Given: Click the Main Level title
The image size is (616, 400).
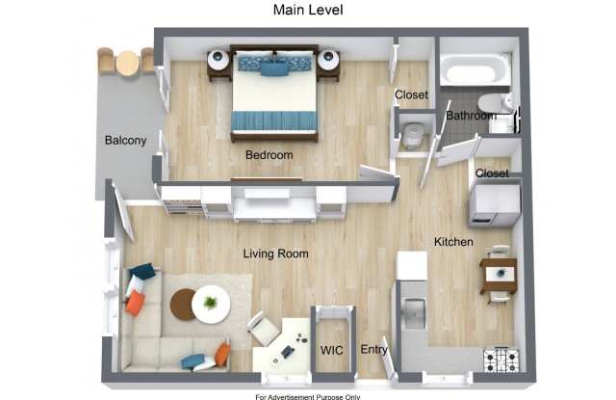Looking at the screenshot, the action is [x=308, y=10].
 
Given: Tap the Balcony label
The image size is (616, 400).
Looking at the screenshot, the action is [x=126, y=141].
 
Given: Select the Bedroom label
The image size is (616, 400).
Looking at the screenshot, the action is [x=269, y=155].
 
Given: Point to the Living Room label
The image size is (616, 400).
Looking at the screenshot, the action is [x=275, y=253].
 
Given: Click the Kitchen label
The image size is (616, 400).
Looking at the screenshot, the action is [x=453, y=242].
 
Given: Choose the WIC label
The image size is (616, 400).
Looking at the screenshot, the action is [x=331, y=350].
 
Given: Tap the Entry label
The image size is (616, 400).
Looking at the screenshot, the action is [x=374, y=349].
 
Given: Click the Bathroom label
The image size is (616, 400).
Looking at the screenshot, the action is [x=471, y=116].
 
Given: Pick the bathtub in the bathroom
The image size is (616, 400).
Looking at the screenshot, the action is [x=475, y=70].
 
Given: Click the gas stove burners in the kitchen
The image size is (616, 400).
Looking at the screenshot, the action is [x=501, y=360].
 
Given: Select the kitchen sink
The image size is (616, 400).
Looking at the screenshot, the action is [x=415, y=313].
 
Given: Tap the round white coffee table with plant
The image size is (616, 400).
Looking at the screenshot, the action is [x=211, y=304].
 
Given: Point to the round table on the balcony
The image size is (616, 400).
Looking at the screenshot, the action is [x=128, y=63].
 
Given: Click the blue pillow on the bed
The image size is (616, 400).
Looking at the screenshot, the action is [x=273, y=68].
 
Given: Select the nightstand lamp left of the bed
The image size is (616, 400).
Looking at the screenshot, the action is [x=218, y=60].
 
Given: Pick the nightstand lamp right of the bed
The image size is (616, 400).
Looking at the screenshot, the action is [x=328, y=60].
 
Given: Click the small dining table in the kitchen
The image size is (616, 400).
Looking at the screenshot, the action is [x=499, y=276].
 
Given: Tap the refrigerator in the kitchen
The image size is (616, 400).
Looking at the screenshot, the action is [x=495, y=205].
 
